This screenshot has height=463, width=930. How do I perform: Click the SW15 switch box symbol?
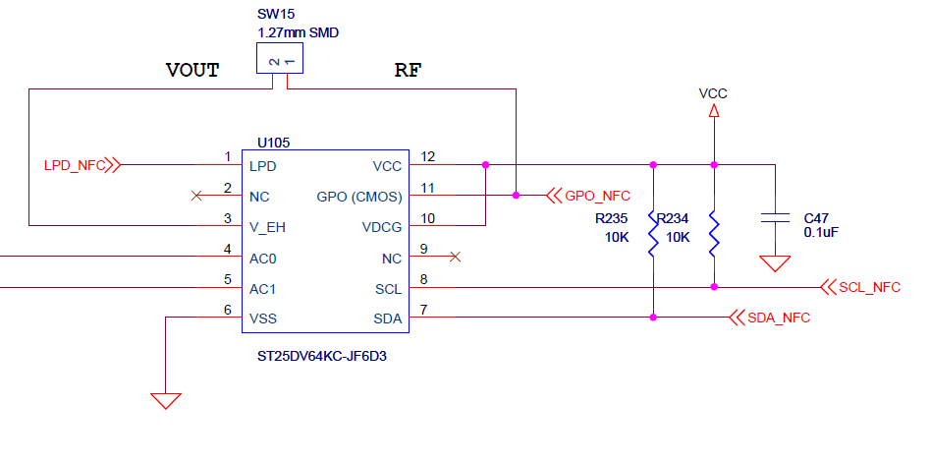[x=279, y=61]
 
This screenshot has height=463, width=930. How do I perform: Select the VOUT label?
[x=192, y=71]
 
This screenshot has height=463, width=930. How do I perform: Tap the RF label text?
[x=408, y=71]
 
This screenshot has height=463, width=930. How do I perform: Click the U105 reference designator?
[x=273, y=143]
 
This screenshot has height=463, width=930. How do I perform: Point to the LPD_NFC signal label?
[x=75, y=165]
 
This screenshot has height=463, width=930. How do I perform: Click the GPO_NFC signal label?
[x=597, y=196]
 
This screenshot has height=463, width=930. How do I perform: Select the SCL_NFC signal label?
[x=869, y=287]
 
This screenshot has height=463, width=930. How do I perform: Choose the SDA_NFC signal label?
[x=779, y=318]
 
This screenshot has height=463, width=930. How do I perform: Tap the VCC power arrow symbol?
[x=714, y=112]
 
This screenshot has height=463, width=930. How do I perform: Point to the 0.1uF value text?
[x=821, y=233]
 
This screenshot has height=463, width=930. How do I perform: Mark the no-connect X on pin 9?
[x=455, y=257]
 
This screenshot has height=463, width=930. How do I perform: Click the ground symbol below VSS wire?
[x=166, y=400]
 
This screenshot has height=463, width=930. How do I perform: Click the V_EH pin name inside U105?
[x=268, y=226]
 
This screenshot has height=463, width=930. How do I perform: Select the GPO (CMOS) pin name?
[x=359, y=196]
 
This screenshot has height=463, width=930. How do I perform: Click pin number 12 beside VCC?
[x=427, y=156]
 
